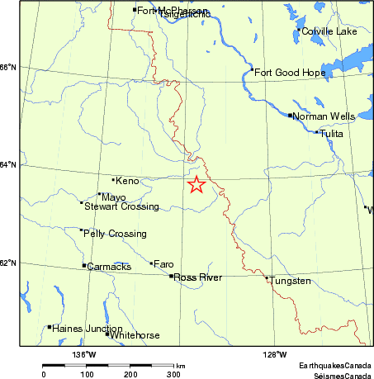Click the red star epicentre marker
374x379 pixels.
pos(196,185)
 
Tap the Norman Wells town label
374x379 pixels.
pos(324,116)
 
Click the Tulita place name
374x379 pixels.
pos(331,133)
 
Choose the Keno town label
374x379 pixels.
pos(127,180)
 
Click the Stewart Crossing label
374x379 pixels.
pos(121,206)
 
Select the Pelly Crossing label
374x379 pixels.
pos(115,234)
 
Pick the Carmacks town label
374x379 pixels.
pos(108,267)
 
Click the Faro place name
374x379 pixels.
pos(163,264)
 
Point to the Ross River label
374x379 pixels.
pos(198,277)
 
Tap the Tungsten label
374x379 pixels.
pos(290,282)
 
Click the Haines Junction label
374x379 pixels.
pos(82,328)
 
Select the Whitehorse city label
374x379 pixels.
pos(136,335)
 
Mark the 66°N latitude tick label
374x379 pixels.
pos(8,68)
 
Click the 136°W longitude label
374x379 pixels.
pos(84,355)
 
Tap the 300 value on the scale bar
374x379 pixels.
pos(174,374)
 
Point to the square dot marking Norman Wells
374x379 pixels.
pos(290,116)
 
